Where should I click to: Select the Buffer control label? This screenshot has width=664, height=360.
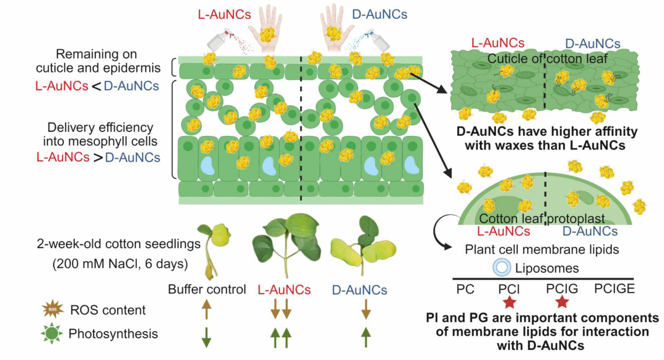pos(207,290)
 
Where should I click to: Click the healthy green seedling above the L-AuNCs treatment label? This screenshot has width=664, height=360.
pos(284,244)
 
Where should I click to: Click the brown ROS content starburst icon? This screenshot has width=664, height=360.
pos(52,310)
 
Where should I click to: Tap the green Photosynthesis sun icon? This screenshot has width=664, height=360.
pos(52,334)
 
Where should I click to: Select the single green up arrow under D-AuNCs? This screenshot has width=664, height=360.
pos(365,336)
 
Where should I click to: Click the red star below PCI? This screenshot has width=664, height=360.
pos(508,302)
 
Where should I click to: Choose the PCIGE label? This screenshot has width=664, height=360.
pos(614,288)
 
